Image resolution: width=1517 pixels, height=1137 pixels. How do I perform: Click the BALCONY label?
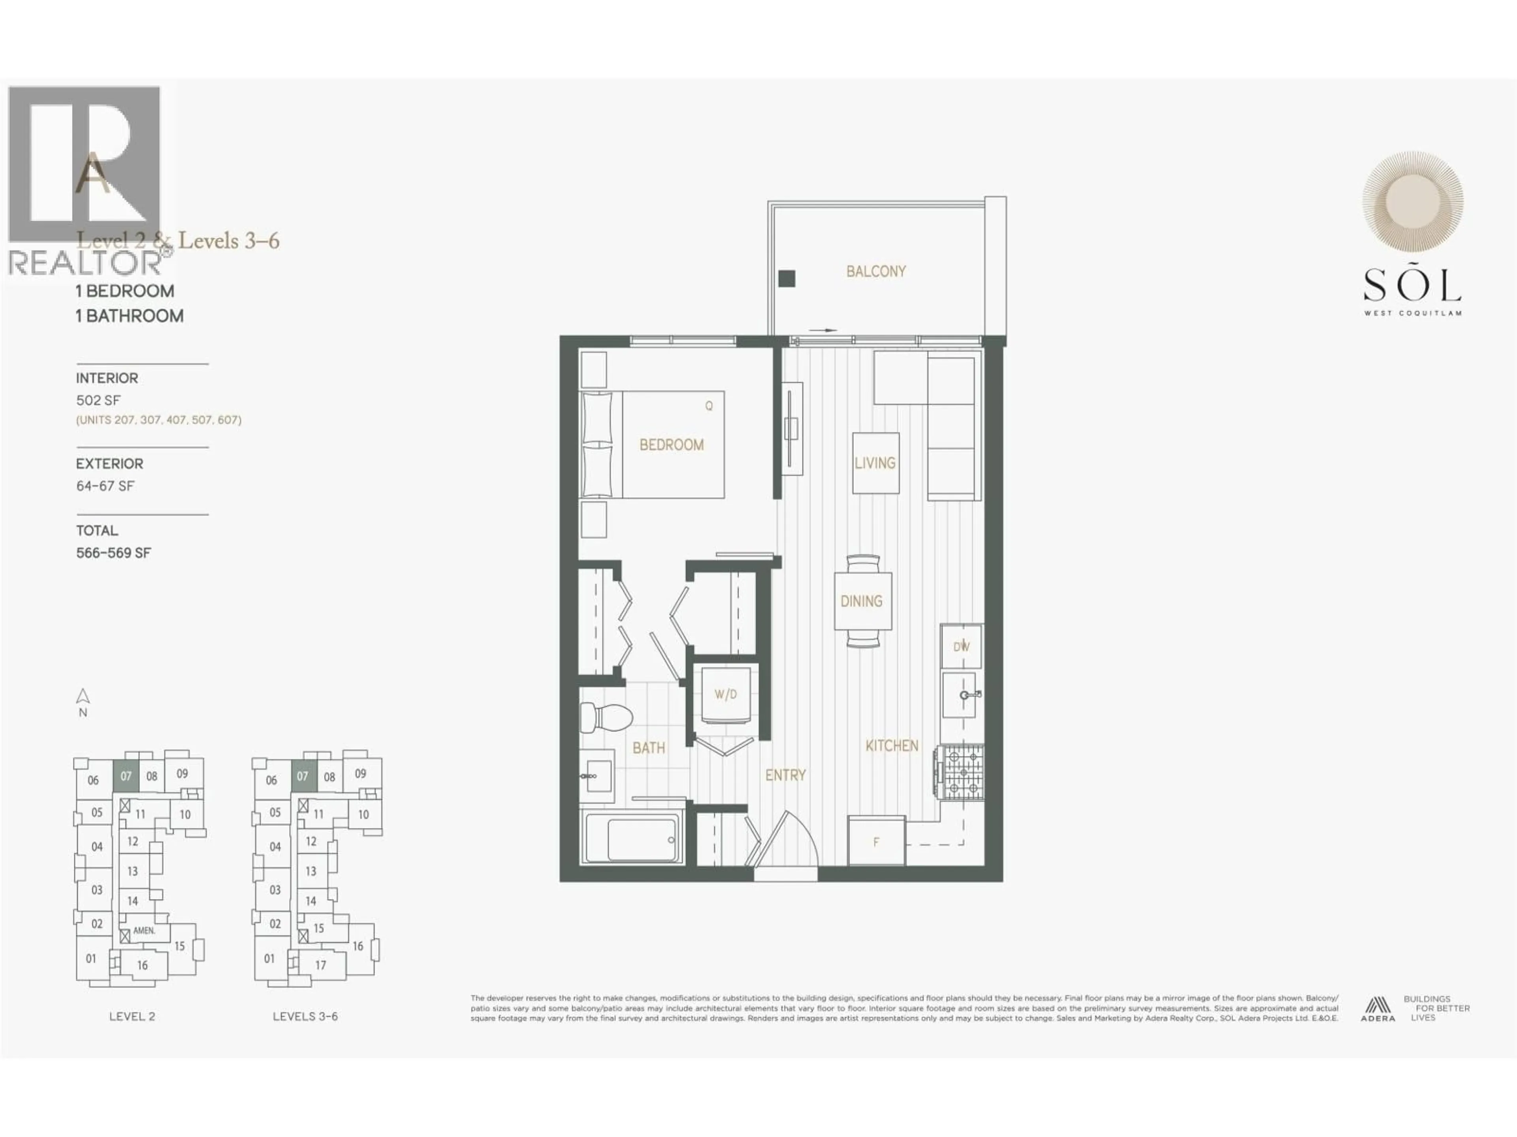(x=876, y=271)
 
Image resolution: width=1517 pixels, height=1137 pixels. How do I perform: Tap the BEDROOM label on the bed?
(x=672, y=445)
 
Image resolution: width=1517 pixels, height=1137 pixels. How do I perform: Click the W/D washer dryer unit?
(x=726, y=694)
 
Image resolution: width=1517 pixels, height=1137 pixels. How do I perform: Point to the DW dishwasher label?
(x=962, y=646)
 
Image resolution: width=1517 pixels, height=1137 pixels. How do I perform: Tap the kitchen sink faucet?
(x=969, y=695)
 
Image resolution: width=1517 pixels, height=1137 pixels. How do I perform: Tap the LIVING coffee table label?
(x=875, y=463)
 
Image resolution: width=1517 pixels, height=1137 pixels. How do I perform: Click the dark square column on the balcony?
(x=787, y=278)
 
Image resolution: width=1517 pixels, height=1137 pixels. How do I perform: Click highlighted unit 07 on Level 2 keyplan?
(x=126, y=777)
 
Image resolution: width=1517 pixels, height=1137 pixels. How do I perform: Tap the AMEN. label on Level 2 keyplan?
(x=144, y=931)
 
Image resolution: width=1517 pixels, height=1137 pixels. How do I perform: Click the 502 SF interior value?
(x=98, y=400)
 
